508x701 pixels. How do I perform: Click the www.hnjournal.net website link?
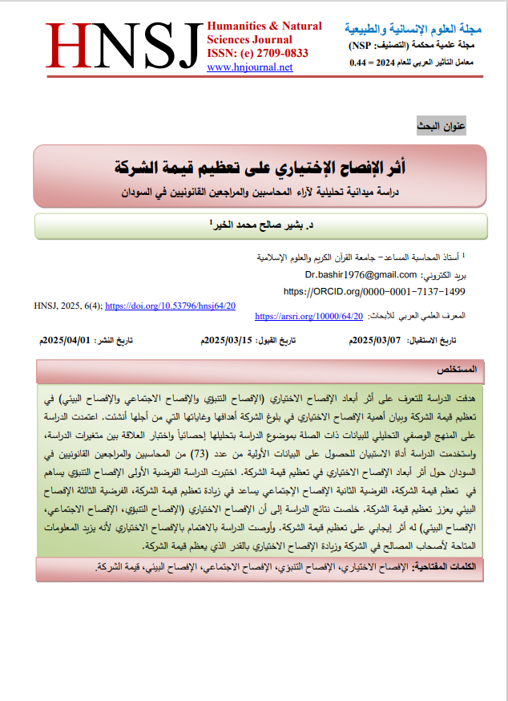pos(249,67)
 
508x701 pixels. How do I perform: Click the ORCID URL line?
pos(374,290)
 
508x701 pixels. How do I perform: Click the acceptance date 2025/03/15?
pos(230,341)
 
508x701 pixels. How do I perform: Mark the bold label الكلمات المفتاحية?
pos(454,567)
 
